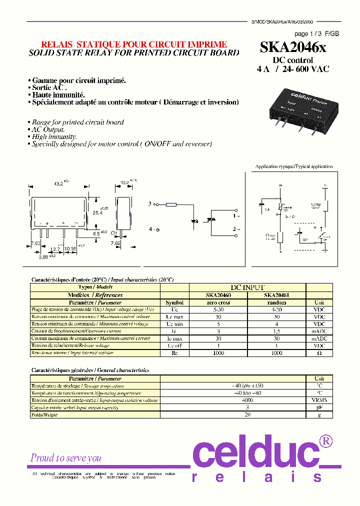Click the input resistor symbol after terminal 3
(x=171, y=204)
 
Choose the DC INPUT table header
(x=247, y=288)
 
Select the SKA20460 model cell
(x=218, y=295)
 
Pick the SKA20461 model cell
(x=276, y=295)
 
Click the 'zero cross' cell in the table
(x=218, y=302)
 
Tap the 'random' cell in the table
(x=276, y=302)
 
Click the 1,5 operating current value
(x=276, y=331)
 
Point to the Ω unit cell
(x=319, y=353)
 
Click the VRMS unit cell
(x=319, y=400)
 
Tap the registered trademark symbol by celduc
(x=325, y=441)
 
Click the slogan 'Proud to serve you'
(x=66, y=458)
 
